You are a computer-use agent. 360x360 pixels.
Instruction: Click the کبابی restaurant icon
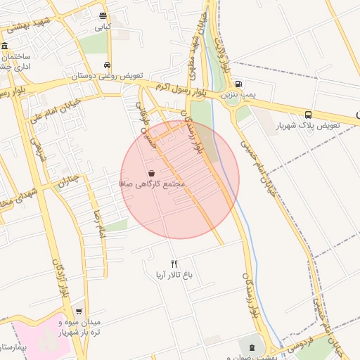coord(103,15)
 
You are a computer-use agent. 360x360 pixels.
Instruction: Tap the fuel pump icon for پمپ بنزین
coord(238,82)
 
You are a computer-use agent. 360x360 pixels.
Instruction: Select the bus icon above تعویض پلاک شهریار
coord(309,114)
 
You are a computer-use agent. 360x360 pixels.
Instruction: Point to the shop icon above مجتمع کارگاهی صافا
coord(152,172)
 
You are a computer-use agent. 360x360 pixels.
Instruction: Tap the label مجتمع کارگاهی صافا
coord(152,184)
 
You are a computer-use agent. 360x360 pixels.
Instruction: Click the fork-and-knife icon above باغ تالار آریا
coord(174,263)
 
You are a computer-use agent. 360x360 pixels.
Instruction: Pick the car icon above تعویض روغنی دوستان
coord(107,63)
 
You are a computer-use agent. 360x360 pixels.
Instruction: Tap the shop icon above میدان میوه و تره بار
coord(78,310)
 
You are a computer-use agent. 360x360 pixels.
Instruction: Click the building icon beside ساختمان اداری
coord(5,46)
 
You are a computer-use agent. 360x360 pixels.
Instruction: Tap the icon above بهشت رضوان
coord(251,347)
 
